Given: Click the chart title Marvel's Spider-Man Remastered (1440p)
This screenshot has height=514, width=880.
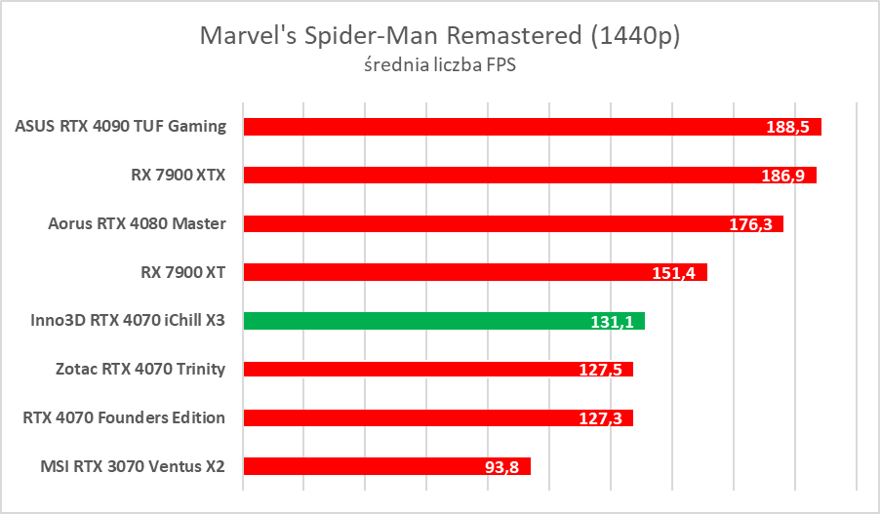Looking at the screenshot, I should click(439, 36).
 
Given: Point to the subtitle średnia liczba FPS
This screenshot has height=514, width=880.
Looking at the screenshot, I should click(439, 66).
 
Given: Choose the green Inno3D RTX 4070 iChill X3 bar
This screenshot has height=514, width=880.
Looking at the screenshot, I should click(410, 321).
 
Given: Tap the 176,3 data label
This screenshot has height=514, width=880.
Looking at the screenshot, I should click(750, 224).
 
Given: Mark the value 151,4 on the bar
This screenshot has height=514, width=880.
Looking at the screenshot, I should click(673, 273).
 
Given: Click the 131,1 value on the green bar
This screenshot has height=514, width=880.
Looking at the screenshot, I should click(612, 321).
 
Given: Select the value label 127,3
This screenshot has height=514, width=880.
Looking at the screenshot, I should click(600, 417).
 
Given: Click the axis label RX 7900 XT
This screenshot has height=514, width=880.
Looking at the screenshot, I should click(183, 272).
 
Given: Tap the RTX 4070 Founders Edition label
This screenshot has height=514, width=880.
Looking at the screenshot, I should click(124, 417).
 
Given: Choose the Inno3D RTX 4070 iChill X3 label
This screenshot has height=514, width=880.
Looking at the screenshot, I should click(121, 321).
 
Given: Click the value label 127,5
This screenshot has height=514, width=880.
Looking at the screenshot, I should click(600, 369).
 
